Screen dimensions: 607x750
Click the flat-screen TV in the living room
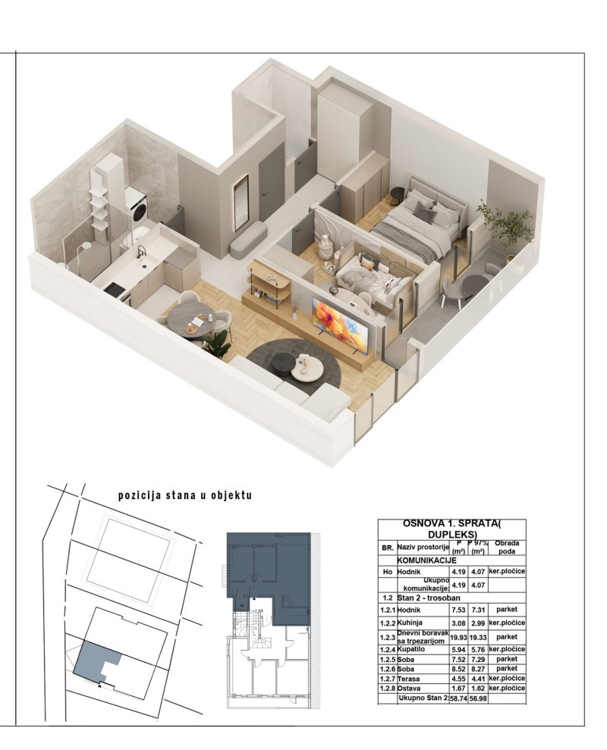[x=341, y=323]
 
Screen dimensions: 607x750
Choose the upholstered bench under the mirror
[x=248, y=240]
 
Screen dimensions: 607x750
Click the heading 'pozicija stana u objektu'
[x=185, y=495]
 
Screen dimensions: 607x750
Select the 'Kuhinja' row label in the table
[x=410, y=623]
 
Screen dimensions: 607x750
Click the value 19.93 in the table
[x=458, y=638]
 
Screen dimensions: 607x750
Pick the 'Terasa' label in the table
[x=408, y=679]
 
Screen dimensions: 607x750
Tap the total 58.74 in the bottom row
[x=458, y=698]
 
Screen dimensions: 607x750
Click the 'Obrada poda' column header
[x=507, y=548]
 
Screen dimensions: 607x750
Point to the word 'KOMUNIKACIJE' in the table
[x=427, y=560]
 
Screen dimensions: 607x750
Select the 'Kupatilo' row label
[x=411, y=649]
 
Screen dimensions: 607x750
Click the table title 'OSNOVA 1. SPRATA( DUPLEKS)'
[x=452, y=529]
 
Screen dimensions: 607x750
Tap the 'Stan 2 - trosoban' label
[x=429, y=598]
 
